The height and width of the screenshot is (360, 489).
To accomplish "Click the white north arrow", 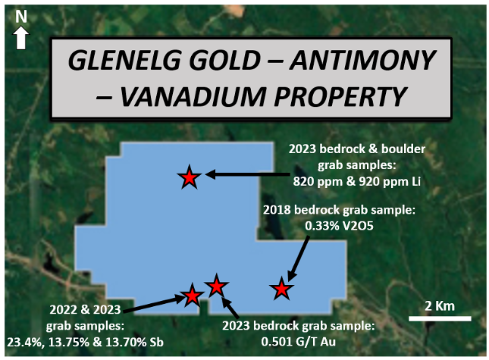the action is (x=21, y=37).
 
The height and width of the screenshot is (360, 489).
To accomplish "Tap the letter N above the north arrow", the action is (x=21, y=17).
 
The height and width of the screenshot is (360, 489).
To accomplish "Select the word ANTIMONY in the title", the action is (x=362, y=60).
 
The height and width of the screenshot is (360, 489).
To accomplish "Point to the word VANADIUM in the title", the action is (x=193, y=96).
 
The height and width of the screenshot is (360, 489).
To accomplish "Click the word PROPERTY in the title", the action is (x=340, y=96).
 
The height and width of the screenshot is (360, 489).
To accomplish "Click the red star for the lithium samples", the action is (x=190, y=177).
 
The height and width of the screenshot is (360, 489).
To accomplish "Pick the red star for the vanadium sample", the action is (x=281, y=289).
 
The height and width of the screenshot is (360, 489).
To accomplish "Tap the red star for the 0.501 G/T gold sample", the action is (x=216, y=286).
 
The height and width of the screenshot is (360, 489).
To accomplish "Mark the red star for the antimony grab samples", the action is (x=192, y=295).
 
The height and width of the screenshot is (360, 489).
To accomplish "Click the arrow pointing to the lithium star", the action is (x=248, y=174).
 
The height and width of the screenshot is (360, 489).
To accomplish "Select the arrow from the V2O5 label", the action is (x=298, y=258).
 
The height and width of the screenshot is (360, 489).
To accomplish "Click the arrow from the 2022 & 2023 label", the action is (x=155, y=303).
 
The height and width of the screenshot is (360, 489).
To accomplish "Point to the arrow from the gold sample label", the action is (x=230, y=308).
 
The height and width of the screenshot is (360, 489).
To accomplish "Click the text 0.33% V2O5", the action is (x=339, y=226).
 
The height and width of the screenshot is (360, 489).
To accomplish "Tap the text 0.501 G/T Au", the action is (x=299, y=342).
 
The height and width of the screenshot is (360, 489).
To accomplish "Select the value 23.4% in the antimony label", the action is (x=24, y=343).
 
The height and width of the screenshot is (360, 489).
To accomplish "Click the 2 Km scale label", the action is (x=440, y=306).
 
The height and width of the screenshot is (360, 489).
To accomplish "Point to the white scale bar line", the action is (x=440, y=318).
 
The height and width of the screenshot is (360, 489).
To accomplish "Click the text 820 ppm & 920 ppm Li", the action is (x=357, y=181).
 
